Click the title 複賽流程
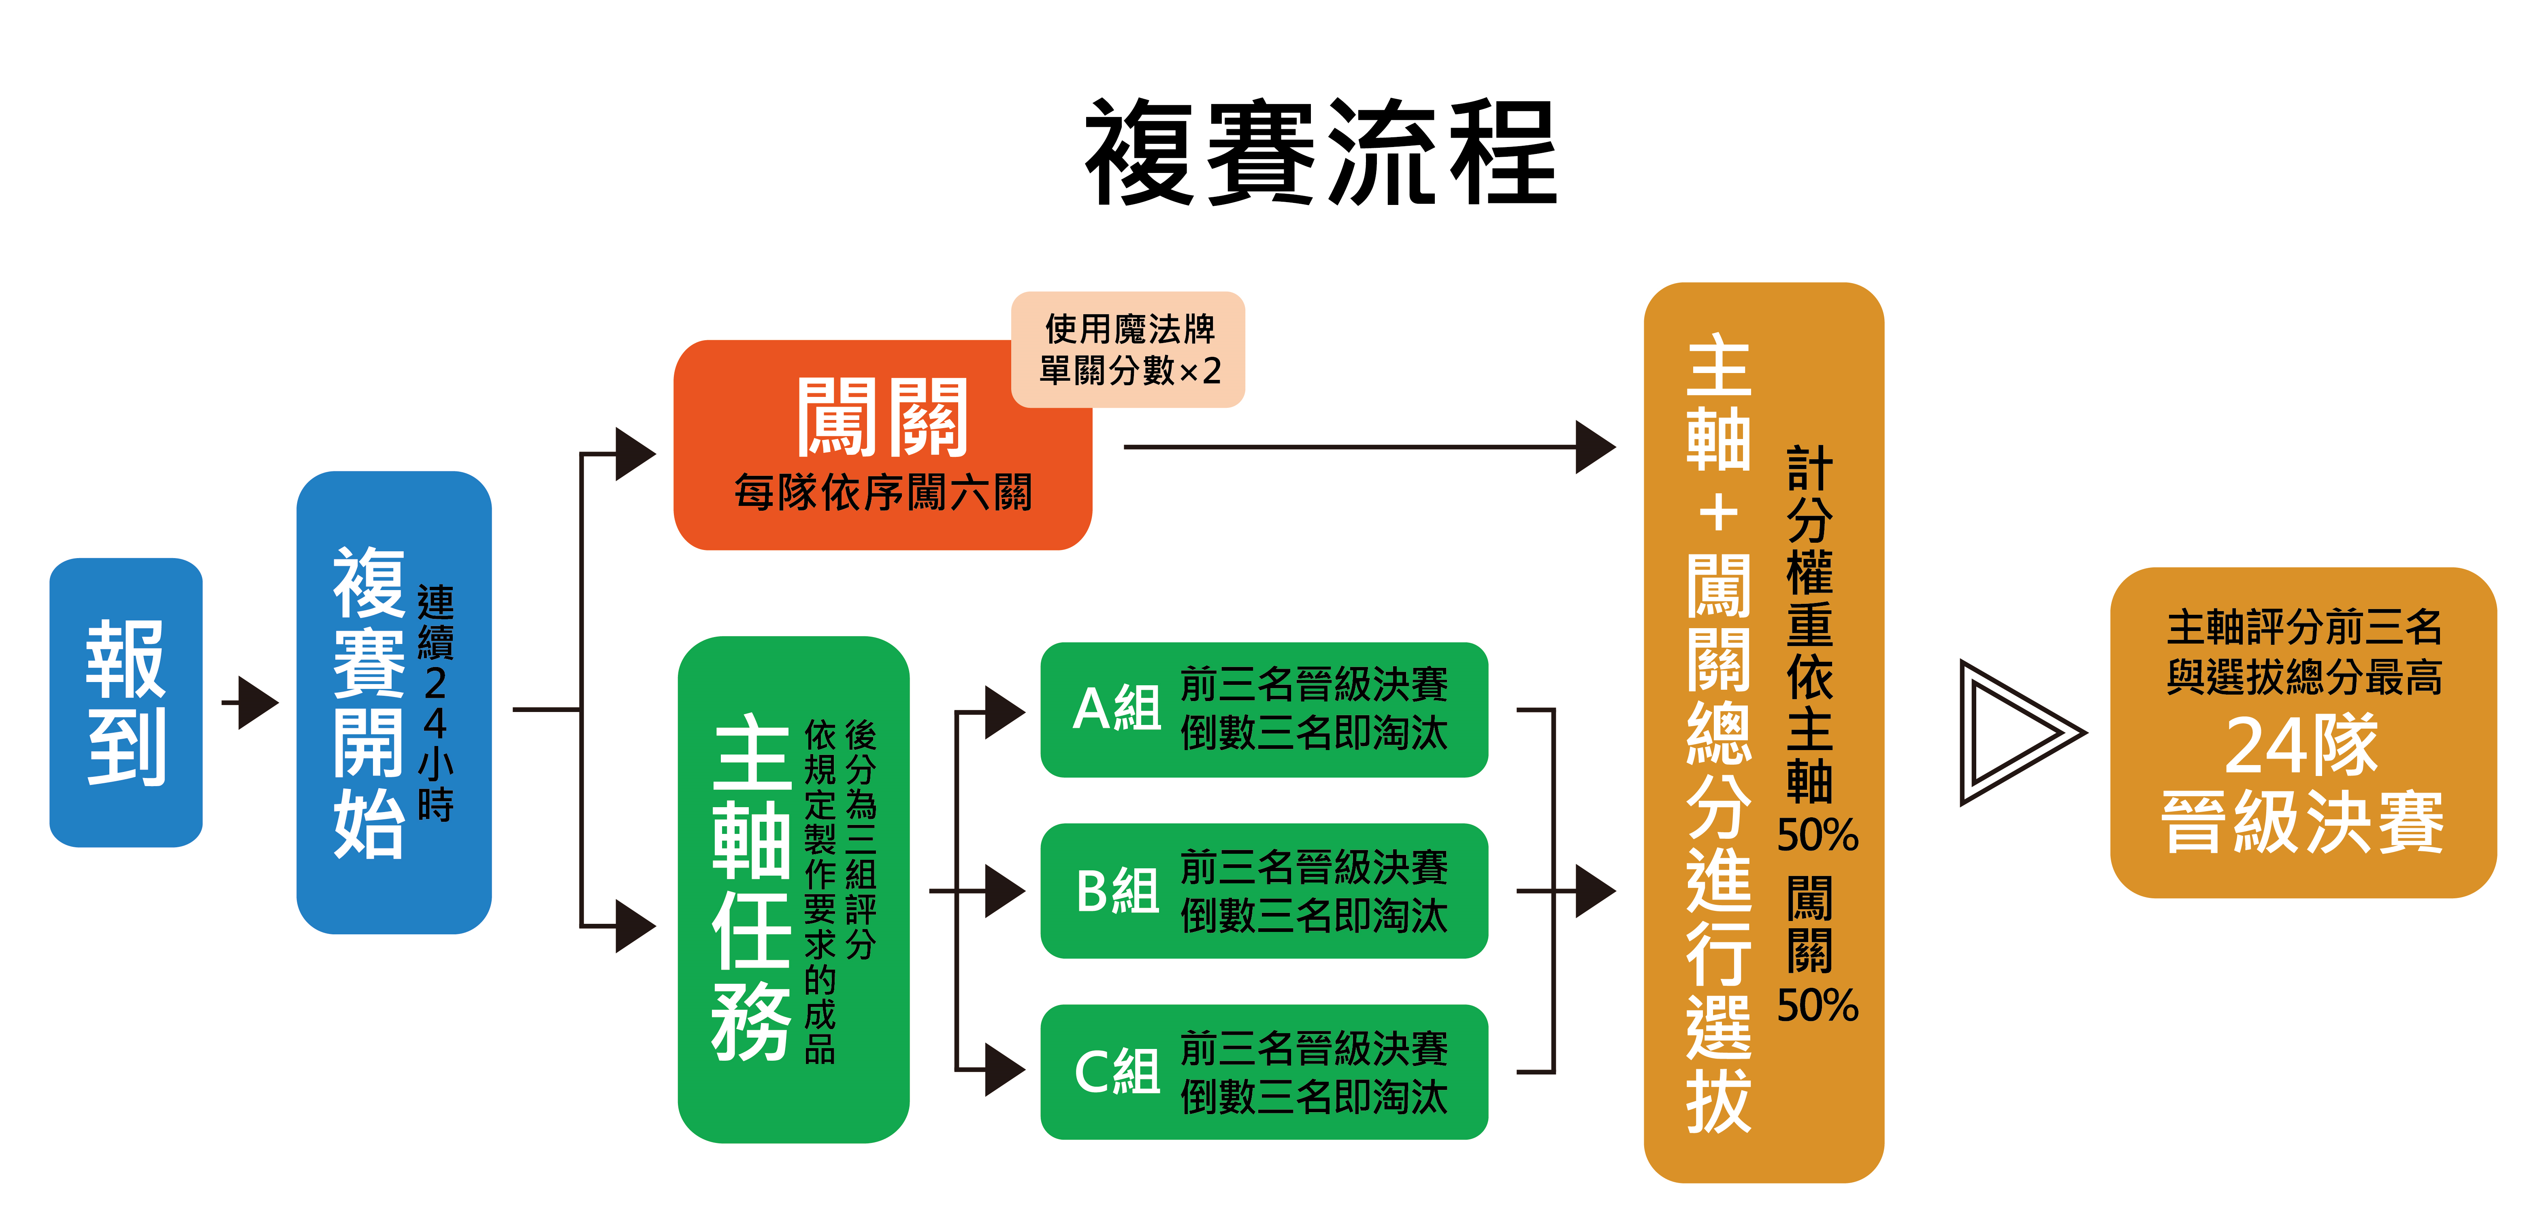point(1320,153)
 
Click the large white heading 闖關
point(881,418)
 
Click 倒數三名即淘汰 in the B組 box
point(1313,915)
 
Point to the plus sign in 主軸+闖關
point(1718,513)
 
